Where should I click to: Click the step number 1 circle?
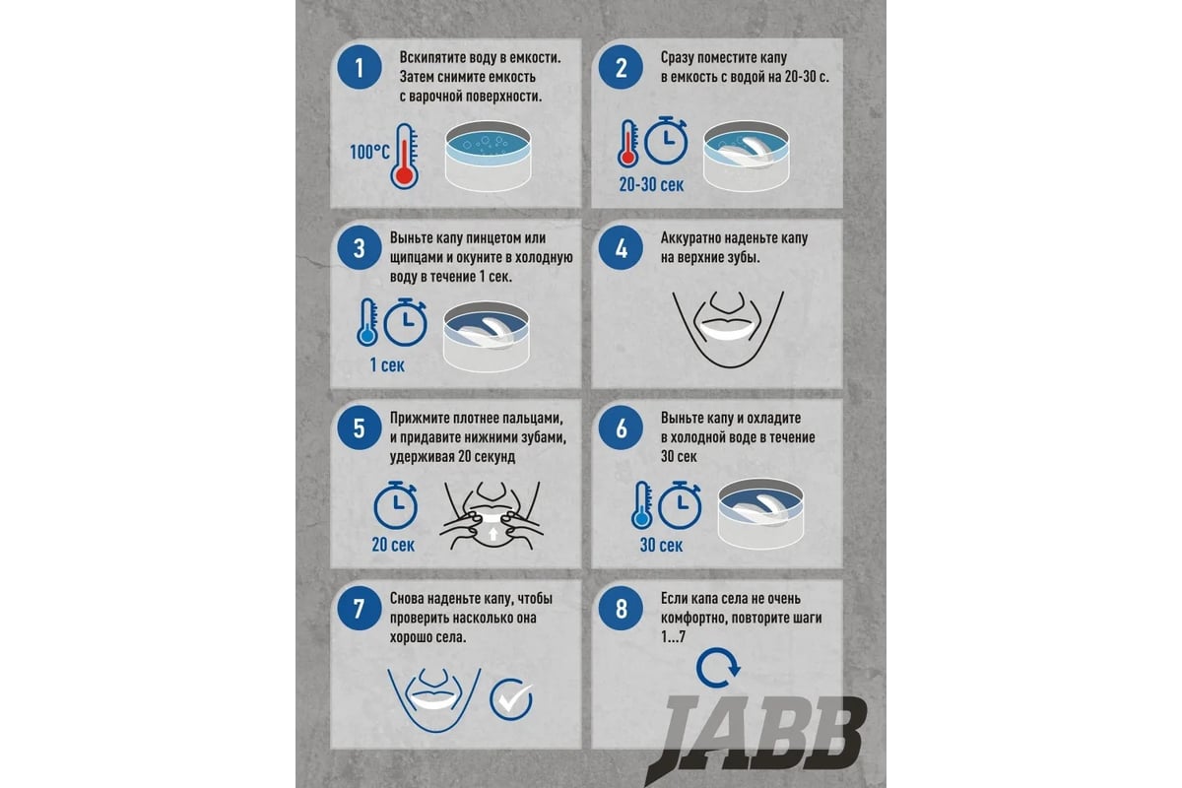click(x=360, y=68)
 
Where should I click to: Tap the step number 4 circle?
click(x=622, y=248)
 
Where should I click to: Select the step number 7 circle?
click(x=360, y=609)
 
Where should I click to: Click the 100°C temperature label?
click(x=370, y=152)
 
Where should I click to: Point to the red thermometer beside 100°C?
click(x=404, y=157)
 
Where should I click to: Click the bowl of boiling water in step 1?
click(x=488, y=156)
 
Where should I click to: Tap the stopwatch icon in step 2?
click(x=666, y=140)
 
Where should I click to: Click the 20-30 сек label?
click(x=652, y=184)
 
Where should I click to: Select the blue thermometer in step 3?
click(x=367, y=322)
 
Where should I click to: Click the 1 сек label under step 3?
click(x=387, y=364)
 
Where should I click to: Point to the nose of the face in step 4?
click(x=728, y=302)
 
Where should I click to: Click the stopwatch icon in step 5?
click(x=395, y=505)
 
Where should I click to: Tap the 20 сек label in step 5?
click(x=393, y=545)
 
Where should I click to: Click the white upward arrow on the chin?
click(x=492, y=534)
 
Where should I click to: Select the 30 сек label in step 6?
click(x=661, y=545)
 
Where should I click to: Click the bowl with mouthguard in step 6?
click(x=760, y=513)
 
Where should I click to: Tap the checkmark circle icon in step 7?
click(x=511, y=699)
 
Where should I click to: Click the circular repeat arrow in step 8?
click(x=718, y=668)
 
